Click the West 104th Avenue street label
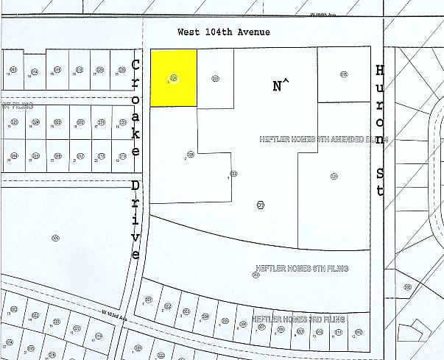coord(224,32)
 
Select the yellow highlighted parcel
coord(174,78)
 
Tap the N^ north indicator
coord(281,86)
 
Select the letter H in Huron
coord(380,70)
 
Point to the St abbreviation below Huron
coord(380,183)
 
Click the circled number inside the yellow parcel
coord(174,77)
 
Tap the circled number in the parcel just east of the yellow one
coord(215,77)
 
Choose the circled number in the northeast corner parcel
coord(344,74)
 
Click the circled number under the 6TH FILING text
coord(256,275)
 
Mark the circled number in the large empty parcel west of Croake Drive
coord(55,237)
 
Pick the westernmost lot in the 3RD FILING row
coord(149,302)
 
